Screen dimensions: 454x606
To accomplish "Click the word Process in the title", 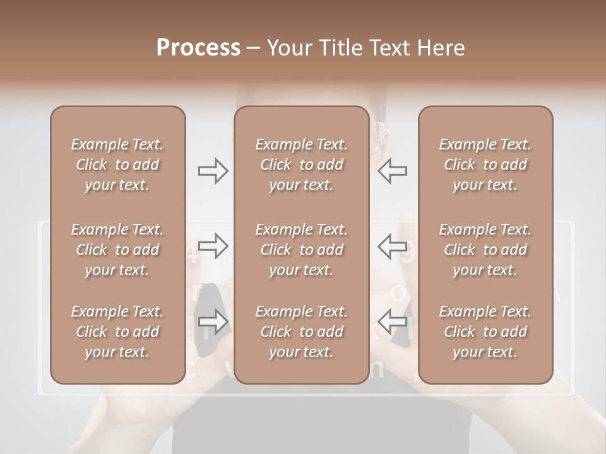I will point(198,48).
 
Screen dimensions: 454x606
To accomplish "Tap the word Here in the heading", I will point(443,48).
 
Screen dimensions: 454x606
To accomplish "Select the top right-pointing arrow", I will point(213,171).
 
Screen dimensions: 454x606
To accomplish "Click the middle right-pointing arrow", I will point(213,246).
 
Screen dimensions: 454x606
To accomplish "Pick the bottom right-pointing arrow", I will point(213,321).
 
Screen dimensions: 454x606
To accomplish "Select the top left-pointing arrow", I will point(392,171).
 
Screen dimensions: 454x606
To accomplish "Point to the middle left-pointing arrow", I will point(392,246).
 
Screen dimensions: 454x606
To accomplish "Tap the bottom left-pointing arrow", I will point(392,321).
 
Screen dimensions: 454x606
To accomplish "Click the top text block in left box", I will point(117,165).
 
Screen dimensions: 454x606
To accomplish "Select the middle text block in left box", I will point(117,250).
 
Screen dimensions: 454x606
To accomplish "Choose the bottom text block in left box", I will point(117,332).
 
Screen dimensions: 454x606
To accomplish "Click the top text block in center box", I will point(302,165).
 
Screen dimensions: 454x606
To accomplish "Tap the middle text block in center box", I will point(302,250).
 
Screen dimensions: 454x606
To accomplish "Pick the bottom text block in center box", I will point(302,332).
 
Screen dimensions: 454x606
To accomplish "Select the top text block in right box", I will point(485,165).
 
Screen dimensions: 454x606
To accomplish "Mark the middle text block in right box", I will point(485,250).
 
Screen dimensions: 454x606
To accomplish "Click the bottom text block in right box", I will point(485,332).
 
